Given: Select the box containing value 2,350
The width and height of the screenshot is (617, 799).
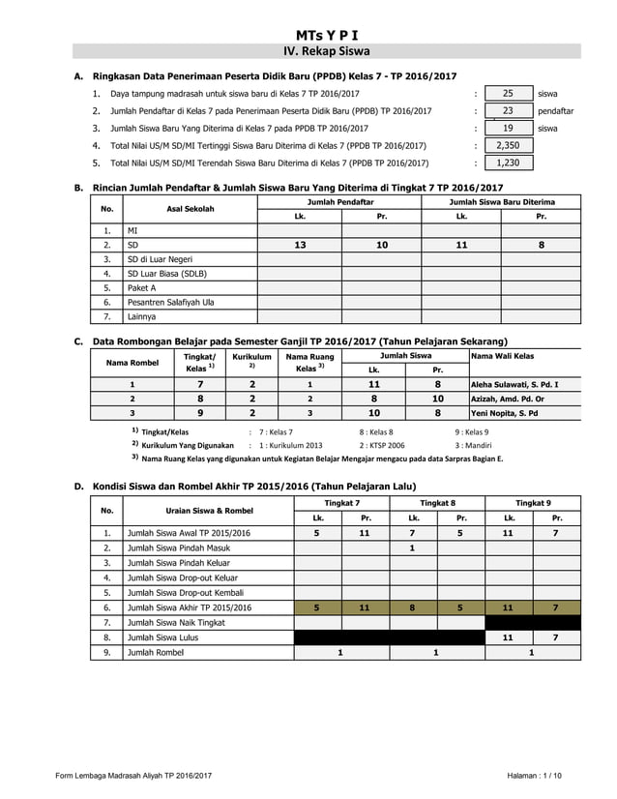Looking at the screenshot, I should pos(508,145).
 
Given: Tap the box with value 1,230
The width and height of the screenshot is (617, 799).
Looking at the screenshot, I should pos(508,163).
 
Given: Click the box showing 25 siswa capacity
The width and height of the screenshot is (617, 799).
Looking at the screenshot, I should pos(508,93).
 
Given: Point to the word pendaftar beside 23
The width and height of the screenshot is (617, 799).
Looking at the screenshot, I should pos(555,110).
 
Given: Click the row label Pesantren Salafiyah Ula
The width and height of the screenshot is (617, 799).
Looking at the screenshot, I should pos(171,302).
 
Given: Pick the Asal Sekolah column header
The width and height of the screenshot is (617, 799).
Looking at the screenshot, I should pos(190,209).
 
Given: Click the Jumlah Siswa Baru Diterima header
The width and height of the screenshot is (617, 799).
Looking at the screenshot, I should pos(501,201).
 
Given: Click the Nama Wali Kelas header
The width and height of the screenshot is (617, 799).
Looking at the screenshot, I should pos(502,356).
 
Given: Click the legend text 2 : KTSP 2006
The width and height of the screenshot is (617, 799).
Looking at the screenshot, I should pos(382,445).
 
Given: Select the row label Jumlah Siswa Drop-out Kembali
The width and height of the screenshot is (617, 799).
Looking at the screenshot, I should pos(186,592).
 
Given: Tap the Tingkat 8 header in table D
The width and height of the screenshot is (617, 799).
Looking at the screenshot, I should pos(437,503).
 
